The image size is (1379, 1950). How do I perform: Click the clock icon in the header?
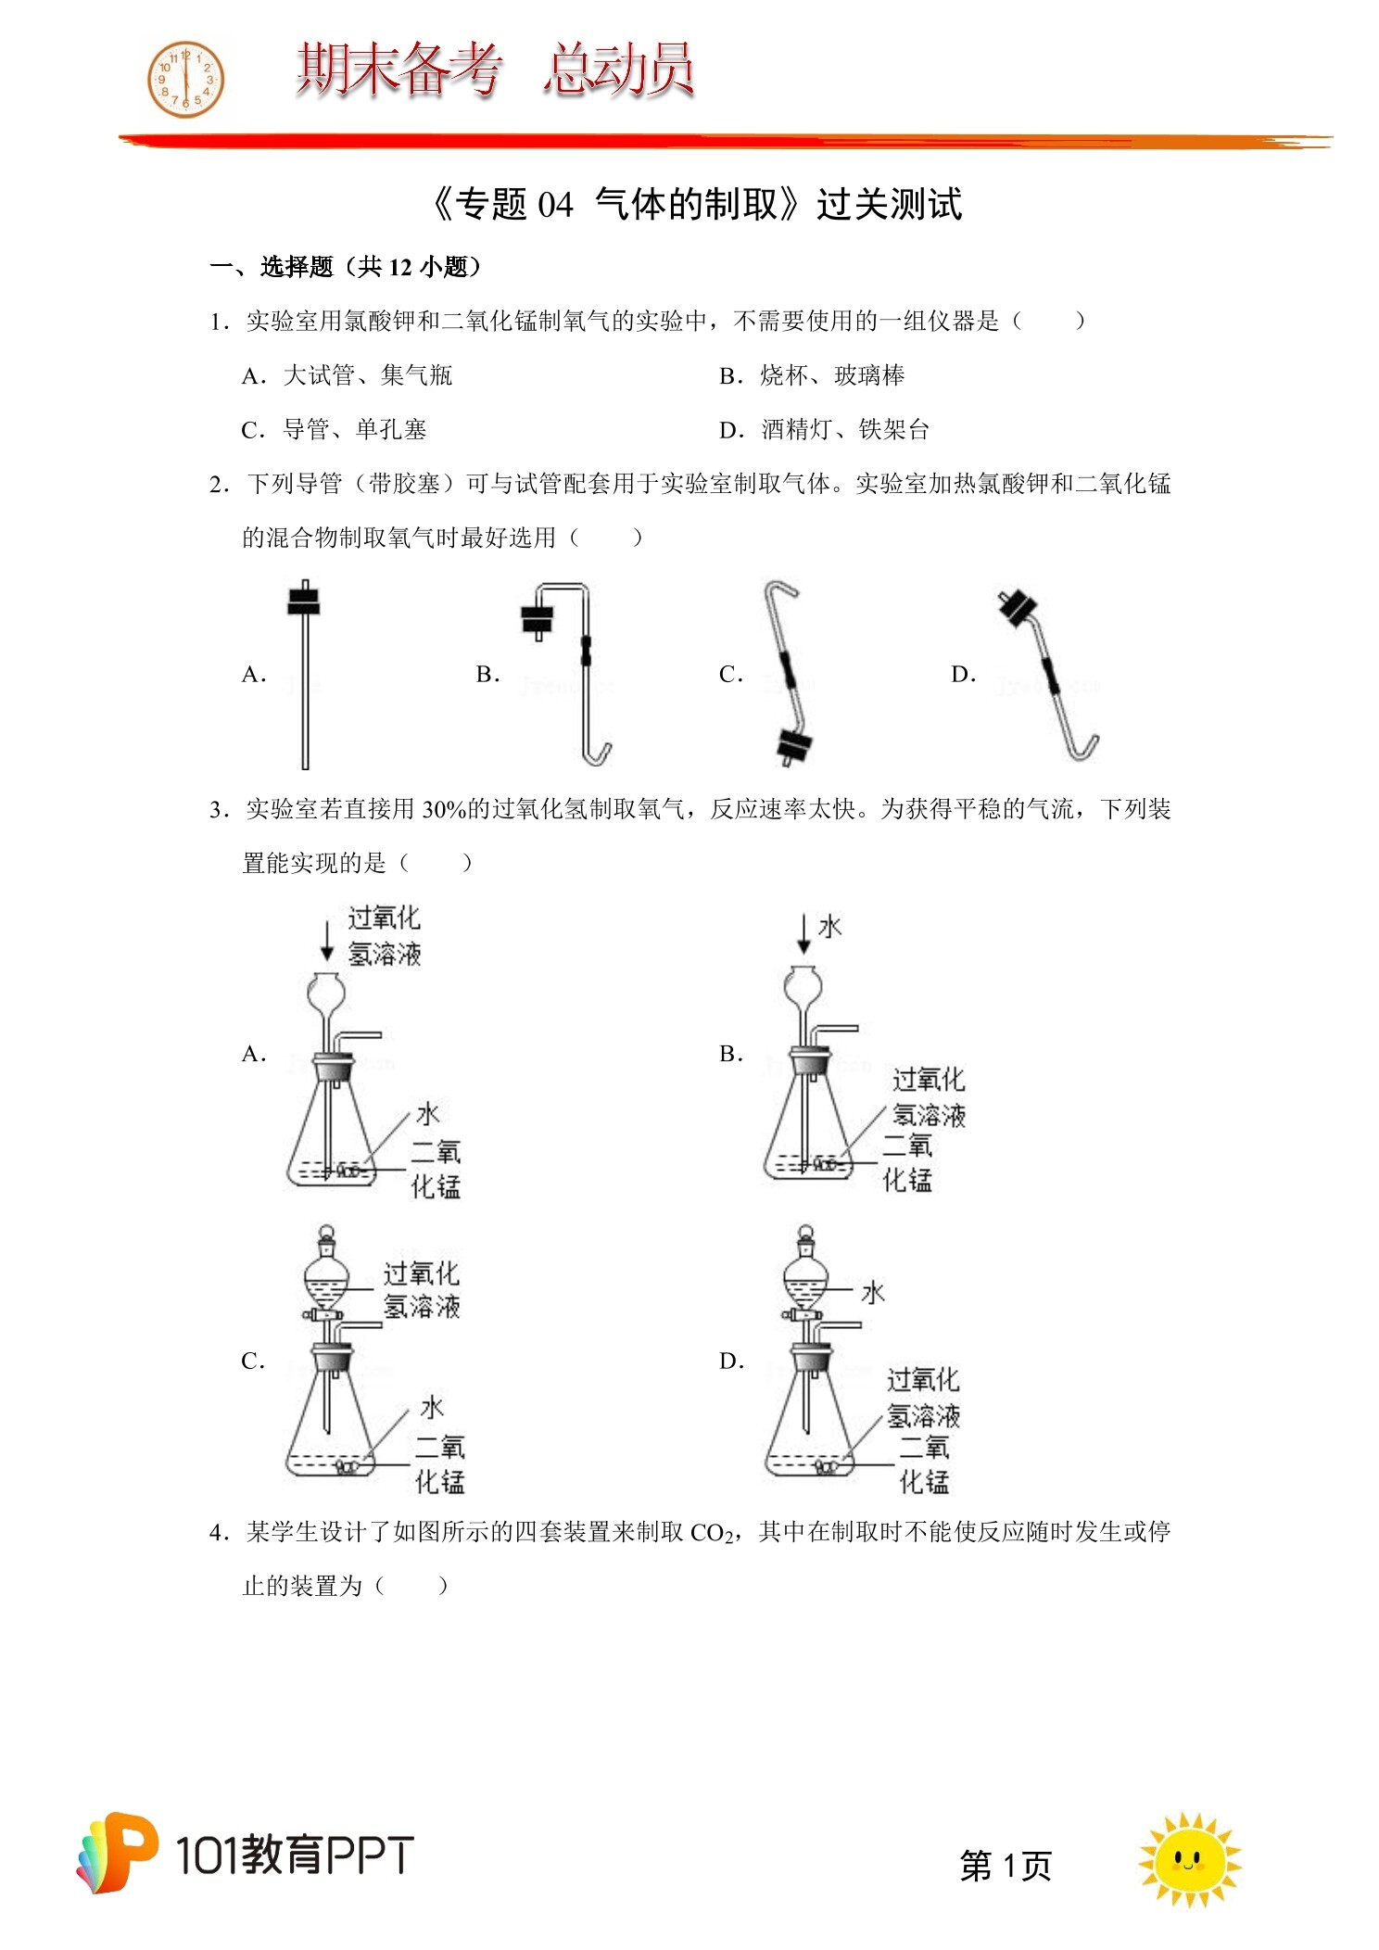coord(186,80)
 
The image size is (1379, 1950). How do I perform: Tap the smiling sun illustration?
coord(1189,1858)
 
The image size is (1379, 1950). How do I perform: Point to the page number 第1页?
coord(1006,1865)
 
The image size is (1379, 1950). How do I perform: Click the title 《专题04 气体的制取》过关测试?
coord(697,204)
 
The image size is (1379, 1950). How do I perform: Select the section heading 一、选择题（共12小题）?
coord(346,268)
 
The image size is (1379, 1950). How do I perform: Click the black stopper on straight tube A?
coord(304,600)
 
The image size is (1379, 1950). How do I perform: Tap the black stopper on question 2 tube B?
coord(538,619)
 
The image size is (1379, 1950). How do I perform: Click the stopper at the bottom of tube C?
coord(793,744)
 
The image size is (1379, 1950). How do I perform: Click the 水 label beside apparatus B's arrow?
coord(829,927)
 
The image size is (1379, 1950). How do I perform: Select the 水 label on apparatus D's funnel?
coord(872,1292)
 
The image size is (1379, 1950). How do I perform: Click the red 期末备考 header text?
coord(399,70)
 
